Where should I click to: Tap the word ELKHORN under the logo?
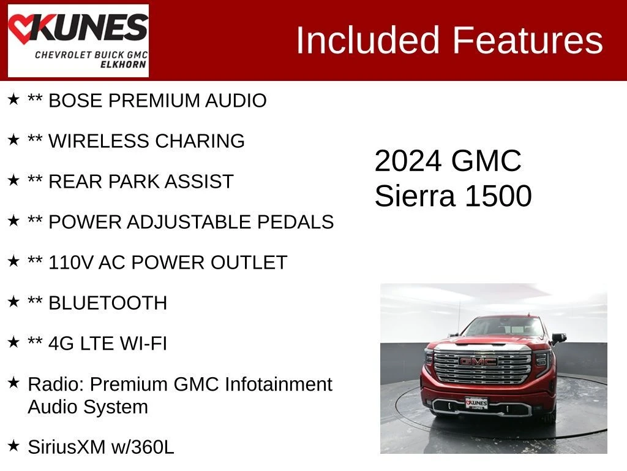(123, 64)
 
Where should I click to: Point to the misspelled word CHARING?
(200, 141)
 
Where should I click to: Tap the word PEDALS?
(295, 222)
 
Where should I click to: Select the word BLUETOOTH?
(108, 303)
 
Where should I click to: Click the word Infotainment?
(279, 384)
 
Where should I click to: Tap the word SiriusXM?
(67, 447)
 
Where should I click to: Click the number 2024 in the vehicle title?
(408, 161)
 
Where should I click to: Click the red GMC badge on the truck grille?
(478, 362)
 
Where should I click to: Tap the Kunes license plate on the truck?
(476, 402)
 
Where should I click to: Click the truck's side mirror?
(560, 339)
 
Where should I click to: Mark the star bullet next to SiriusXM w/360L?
(13, 445)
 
